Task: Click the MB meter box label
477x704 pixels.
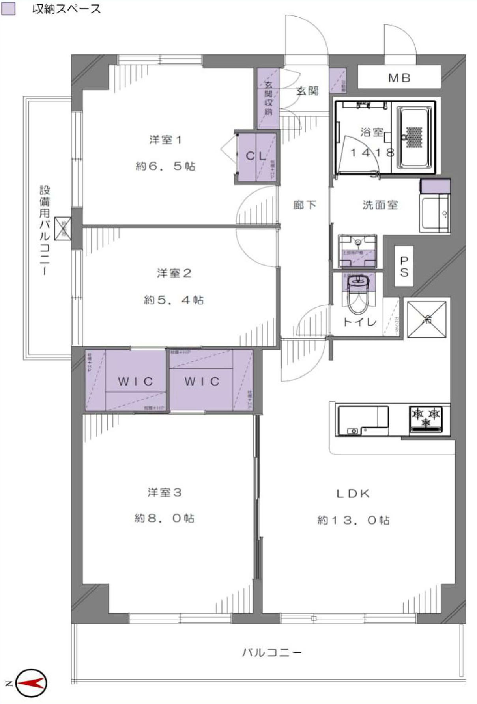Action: [399, 78]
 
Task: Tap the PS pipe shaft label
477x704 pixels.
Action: [404, 266]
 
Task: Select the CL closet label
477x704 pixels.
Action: [256, 156]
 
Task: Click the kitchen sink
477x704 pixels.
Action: [362, 420]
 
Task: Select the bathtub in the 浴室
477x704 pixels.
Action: [414, 137]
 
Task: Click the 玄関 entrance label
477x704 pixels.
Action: [307, 91]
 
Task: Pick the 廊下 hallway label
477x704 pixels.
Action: [305, 205]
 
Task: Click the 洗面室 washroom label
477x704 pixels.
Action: [380, 205]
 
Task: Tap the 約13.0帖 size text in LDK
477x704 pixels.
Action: [354, 521]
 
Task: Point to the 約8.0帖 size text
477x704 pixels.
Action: [165, 518]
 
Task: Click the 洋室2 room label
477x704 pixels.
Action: [174, 273]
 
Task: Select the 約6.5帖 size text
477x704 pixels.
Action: [166, 166]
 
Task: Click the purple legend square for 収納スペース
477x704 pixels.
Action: [8, 9]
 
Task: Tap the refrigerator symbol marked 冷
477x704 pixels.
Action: [427, 319]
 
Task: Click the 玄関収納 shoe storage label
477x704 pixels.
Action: [269, 98]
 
